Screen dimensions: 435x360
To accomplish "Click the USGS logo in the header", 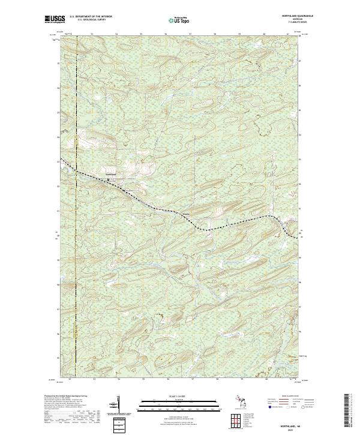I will pos(55,19).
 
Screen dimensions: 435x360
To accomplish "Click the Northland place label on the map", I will pos(110,174).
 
